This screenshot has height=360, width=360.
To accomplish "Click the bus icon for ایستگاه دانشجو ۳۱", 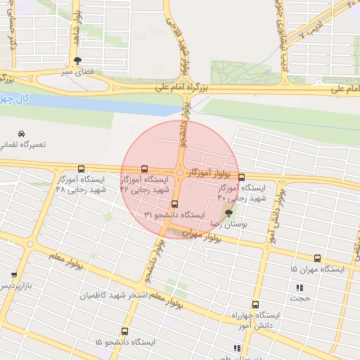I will [x=175, y=204].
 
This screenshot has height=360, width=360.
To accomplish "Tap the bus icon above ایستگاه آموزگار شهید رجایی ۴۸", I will [x=81, y=169].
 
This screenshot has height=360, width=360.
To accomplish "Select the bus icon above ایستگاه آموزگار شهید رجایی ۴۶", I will [x=144, y=169].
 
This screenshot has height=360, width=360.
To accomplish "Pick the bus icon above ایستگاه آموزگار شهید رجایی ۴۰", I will [x=242, y=177].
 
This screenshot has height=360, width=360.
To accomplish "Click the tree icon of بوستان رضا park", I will [x=228, y=213].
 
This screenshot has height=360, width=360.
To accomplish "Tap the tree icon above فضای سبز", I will [x=77, y=60].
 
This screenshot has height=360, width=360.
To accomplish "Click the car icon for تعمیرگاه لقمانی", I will [x=22, y=134].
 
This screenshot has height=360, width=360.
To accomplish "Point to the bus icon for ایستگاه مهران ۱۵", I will [x=317, y=259].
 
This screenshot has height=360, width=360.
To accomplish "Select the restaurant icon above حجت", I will [x=300, y=288].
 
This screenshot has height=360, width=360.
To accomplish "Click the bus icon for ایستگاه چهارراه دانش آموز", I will [x=255, y=305].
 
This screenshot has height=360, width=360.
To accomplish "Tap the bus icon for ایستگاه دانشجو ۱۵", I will [x=124, y=331].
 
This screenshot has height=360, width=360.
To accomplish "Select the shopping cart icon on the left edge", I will [x=13, y=275].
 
